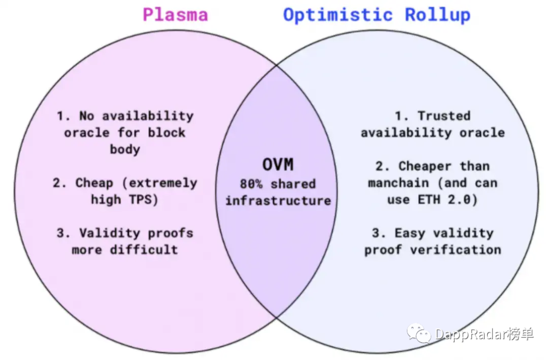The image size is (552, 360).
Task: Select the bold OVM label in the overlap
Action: (278, 165)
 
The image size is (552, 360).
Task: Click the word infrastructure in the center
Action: (278, 200)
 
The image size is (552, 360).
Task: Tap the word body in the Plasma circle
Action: (125, 149)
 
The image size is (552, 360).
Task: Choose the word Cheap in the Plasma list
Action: (94, 183)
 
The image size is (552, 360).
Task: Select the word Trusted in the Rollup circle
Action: (444, 116)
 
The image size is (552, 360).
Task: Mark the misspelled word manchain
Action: (400, 183)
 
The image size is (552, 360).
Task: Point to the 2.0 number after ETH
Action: (461, 199)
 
